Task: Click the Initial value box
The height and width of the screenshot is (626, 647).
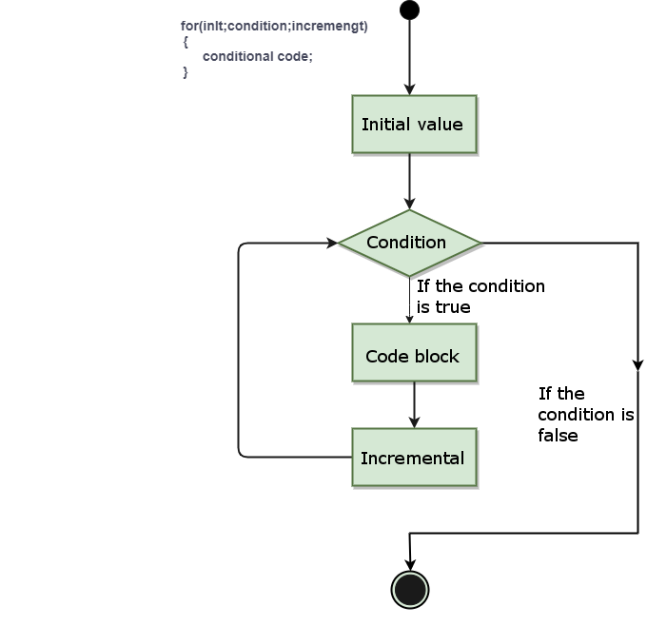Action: (414, 124)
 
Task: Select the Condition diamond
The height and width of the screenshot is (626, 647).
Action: (410, 243)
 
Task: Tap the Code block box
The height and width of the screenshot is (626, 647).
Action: (414, 356)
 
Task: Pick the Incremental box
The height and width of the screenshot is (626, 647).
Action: (414, 458)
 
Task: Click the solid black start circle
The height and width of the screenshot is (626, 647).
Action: (409, 10)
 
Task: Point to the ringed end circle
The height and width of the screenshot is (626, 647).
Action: (410, 590)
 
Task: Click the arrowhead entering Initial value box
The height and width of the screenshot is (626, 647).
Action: (409, 88)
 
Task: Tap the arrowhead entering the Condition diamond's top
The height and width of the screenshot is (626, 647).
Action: (409, 204)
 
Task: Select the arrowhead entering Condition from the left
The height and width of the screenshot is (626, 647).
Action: (331, 243)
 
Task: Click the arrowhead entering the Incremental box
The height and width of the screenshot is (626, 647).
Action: (414, 421)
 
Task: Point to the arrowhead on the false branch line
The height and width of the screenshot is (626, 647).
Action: (637, 365)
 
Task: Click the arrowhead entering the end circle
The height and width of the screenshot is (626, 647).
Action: (410, 566)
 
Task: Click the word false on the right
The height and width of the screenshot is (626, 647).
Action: (558, 436)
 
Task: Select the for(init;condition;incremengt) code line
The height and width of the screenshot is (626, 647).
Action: (274, 26)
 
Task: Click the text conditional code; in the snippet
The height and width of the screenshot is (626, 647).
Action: (257, 56)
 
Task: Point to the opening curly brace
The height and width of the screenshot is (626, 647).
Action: (186, 41)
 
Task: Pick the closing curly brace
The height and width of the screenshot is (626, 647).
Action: (186, 72)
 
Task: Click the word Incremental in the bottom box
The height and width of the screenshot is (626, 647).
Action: (412, 458)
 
